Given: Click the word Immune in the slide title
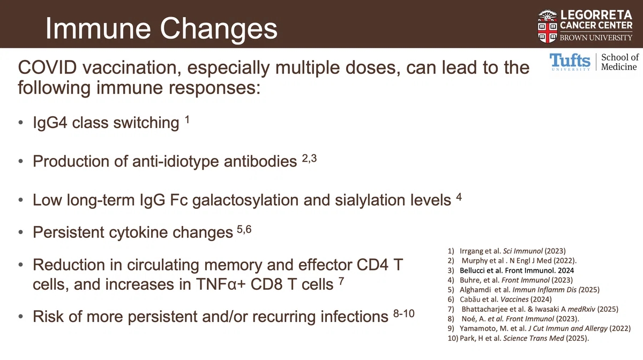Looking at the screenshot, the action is click(x=98, y=28).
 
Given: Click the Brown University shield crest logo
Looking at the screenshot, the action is click(x=548, y=26).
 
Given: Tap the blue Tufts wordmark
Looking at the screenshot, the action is click(x=570, y=62).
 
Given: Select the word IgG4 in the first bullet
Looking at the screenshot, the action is click(x=50, y=123).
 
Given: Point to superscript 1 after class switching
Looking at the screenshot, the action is click(x=187, y=119).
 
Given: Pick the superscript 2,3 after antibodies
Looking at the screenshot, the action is click(x=309, y=158).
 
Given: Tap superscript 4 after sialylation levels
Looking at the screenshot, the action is click(x=459, y=197).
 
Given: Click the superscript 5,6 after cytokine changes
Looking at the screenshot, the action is click(x=244, y=229).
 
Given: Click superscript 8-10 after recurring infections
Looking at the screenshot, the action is click(x=404, y=313).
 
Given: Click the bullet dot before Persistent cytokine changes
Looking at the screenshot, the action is click(x=21, y=232).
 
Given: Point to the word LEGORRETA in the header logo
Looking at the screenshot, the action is click(x=596, y=15).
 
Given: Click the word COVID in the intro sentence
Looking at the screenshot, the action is click(x=47, y=67).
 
